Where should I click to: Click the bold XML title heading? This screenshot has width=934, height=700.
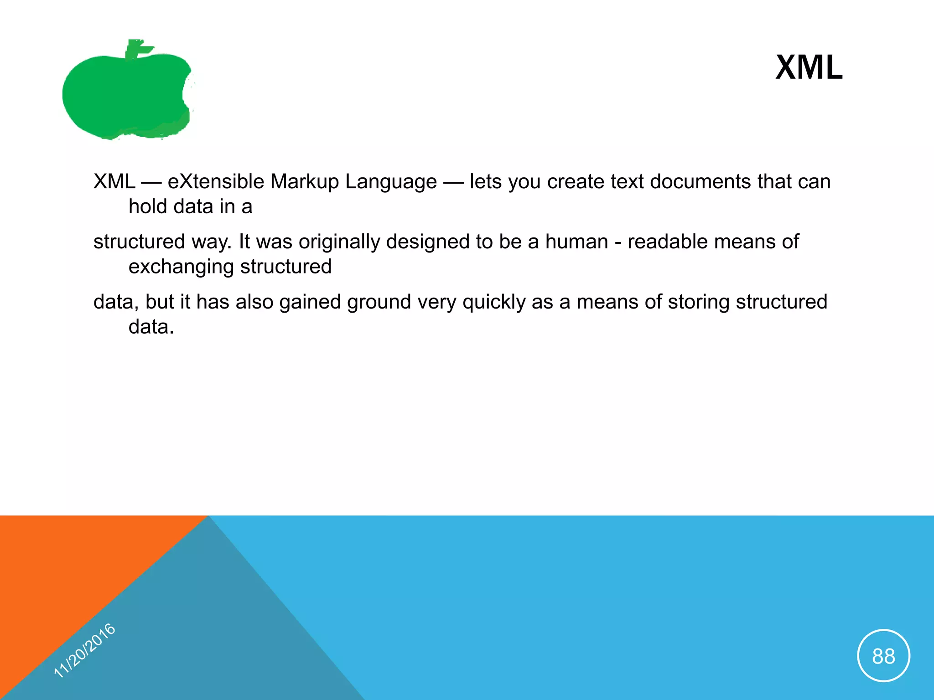809,67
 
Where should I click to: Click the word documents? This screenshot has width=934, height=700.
700,181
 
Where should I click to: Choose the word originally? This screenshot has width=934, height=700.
339,242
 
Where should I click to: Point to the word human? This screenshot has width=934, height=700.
576,242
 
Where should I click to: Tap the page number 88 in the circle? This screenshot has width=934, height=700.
883,656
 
